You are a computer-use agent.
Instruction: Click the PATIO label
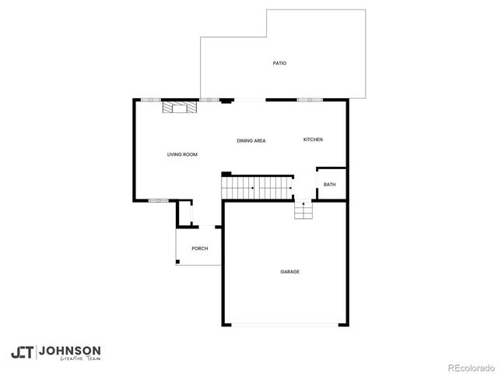279,63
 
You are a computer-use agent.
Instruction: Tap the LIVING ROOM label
182,154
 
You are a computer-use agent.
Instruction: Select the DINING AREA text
251,140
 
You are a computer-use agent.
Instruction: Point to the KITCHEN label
313,139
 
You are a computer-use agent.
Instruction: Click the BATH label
330,185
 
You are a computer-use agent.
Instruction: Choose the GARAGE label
289,271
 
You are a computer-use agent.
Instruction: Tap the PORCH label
200,249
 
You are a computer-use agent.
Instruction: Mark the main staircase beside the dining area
257,187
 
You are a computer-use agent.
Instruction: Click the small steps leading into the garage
303,211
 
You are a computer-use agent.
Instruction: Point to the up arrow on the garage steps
303,205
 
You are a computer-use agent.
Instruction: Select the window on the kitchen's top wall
310,100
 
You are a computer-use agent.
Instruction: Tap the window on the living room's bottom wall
159,201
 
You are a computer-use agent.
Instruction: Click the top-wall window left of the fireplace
150,100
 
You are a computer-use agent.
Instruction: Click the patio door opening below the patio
249,100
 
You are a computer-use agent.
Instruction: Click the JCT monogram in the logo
22,352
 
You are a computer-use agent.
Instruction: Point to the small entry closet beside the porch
185,213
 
